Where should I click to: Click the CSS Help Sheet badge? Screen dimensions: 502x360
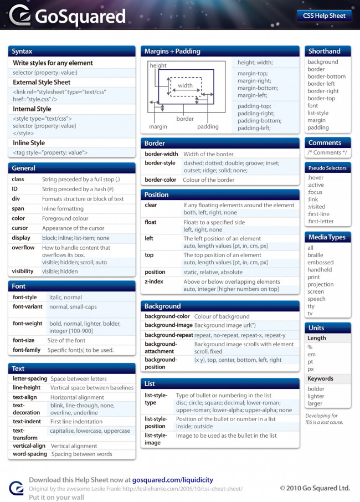(x=324, y=16)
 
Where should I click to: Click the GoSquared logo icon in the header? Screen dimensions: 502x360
(x=19, y=16)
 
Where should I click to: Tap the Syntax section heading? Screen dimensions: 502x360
(x=22, y=52)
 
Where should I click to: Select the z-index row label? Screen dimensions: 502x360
(x=154, y=281)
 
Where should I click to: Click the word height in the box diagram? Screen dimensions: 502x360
(x=158, y=65)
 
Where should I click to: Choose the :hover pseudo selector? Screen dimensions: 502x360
(x=316, y=178)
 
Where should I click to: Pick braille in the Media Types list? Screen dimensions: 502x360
(x=316, y=255)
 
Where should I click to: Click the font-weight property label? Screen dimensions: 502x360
(x=28, y=324)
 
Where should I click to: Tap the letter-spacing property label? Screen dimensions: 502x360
(x=30, y=379)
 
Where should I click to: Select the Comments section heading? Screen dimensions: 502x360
(x=325, y=143)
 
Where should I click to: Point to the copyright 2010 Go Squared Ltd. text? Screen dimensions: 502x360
(x=315, y=488)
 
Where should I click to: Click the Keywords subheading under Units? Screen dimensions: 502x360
(x=321, y=379)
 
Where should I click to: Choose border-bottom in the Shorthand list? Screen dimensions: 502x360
(x=326, y=76)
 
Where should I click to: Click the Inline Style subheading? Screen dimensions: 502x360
(x=29, y=143)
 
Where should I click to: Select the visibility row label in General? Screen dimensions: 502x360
(x=23, y=272)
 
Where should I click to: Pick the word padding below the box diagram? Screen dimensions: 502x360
(x=208, y=127)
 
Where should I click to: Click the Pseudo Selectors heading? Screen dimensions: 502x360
(x=327, y=168)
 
